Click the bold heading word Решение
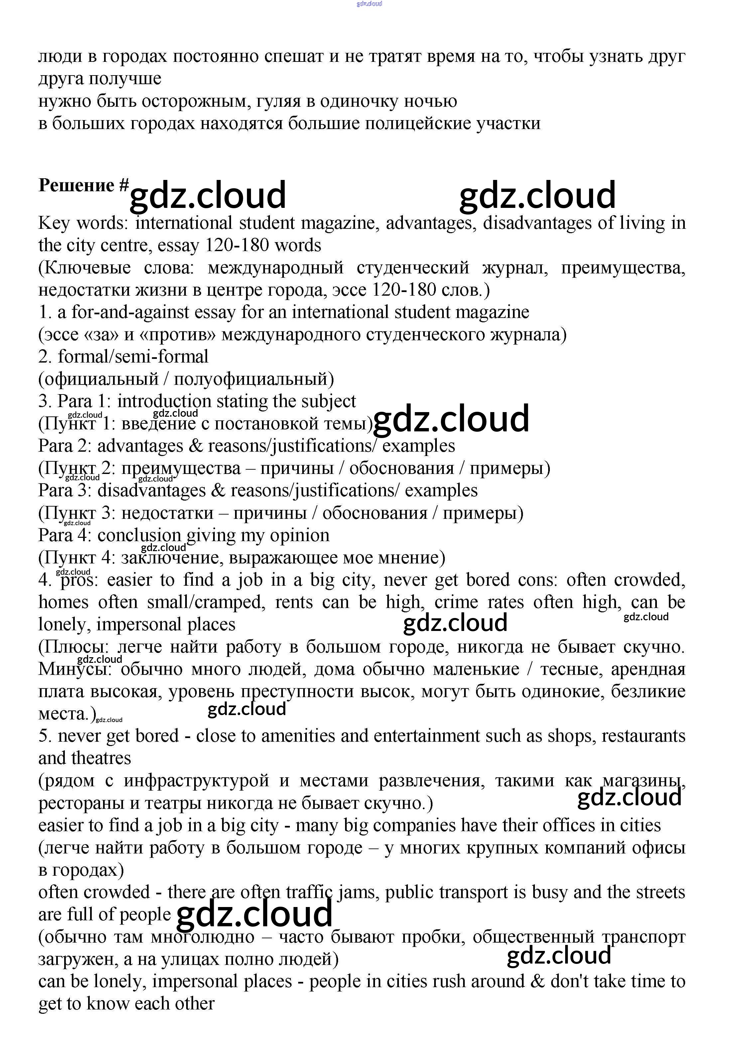click(x=76, y=185)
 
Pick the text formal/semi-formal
click(x=133, y=357)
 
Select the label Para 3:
click(x=65, y=491)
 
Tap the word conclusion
click(x=139, y=535)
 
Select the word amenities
click(x=298, y=736)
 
